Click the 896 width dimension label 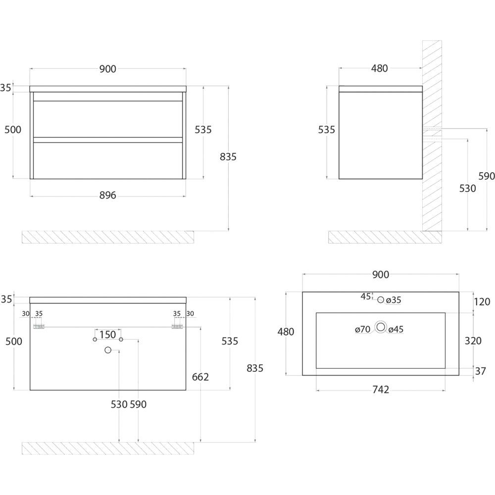[x=107, y=196]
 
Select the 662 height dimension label [x=200, y=377]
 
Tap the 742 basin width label [x=380, y=390]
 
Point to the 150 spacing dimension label [x=107, y=335]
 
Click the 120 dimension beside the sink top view [x=482, y=301]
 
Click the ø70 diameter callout [x=363, y=329]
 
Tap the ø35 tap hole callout [x=394, y=299]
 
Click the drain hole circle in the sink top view [x=381, y=327]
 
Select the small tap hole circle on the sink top [x=381, y=299]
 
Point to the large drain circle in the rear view [x=108, y=350]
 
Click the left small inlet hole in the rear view [x=95, y=340]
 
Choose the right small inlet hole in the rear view [x=121, y=340]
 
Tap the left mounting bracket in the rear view [x=39, y=327]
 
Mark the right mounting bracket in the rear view [x=177, y=327]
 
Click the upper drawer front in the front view [x=107, y=119]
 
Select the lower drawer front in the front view [x=107, y=160]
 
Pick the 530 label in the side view [x=467, y=189]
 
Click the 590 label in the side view [x=486, y=176]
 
